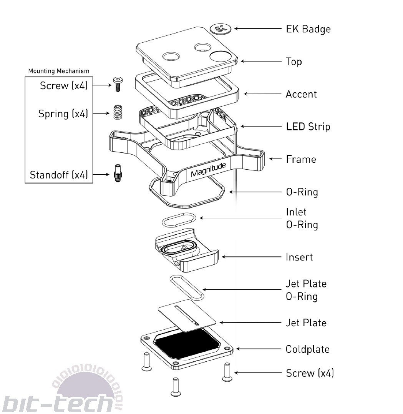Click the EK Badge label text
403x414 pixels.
coord(308,29)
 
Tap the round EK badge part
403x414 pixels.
coord(221,28)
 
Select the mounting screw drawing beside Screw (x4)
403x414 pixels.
coord(118,83)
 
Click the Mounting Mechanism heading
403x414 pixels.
coord(59,71)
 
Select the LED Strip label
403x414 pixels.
coord(308,127)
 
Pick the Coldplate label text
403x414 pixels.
coord(308,349)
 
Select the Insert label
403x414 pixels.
coord(299,257)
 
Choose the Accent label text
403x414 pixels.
coord(301,94)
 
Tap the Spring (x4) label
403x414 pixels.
coord(63,114)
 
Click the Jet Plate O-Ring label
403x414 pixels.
coord(306,290)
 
